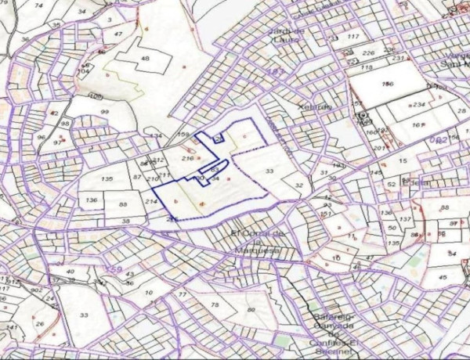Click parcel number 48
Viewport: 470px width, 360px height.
[x=144, y=59]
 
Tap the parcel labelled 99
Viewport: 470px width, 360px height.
[x=105, y=113]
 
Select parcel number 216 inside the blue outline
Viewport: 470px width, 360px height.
[x=187, y=158]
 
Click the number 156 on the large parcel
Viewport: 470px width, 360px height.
[x=386, y=84]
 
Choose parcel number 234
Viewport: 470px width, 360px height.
[x=419, y=104]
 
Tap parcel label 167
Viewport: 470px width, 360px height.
[x=418, y=124]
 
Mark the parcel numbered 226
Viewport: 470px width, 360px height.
[x=368, y=53]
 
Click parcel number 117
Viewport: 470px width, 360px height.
[x=353, y=37]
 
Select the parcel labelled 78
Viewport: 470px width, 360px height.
[x=215, y=303]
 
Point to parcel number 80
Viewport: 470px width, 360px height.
[x=251, y=310]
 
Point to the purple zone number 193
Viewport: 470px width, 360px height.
[x=276, y=71]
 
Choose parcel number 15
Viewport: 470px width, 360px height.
[x=403, y=161]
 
